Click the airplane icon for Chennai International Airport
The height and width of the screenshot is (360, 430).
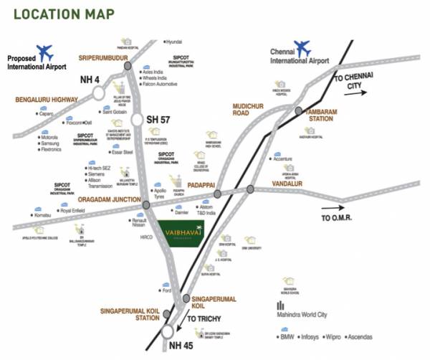302,48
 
